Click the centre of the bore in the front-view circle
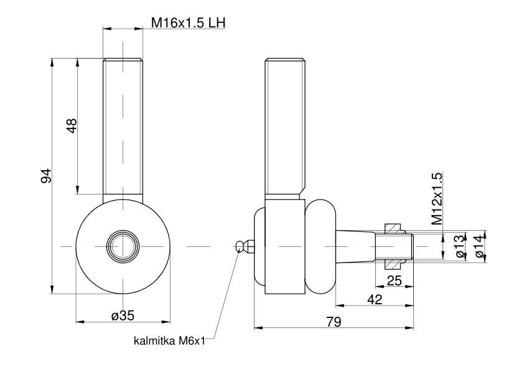pos(123,246)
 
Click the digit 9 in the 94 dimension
pos(47,180)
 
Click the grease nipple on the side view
pos(245,246)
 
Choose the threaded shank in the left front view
pos(123,127)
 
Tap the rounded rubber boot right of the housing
pos(320,246)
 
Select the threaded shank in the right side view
pos(286,127)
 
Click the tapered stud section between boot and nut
pos(356,246)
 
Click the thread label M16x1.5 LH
pos(188,23)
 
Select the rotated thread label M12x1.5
pos(437,198)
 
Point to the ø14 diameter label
pos(479,246)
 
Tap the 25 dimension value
pos(394,280)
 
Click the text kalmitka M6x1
pos(169,341)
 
